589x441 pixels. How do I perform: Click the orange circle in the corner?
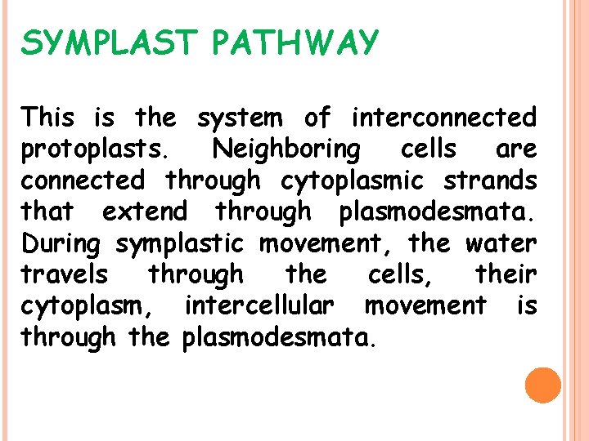pyautogui.click(x=542, y=385)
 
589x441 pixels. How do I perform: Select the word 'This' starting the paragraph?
pyautogui.click(x=48, y=118)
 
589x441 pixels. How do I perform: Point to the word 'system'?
pyautogui.click(x=241, y=118)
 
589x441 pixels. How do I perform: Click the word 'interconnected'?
pyautogui.click(x=443, y=118)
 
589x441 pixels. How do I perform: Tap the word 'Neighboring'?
pyautogui.click(x=285, y=150)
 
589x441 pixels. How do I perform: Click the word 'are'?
pyautogui.click(x=516, y=149)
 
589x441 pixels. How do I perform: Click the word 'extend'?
pyautogui.click(x=144, y=212)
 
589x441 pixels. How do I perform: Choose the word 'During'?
pyautogui.click(x=63, y=243)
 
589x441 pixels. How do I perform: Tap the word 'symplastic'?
pyautogui.click(x=180, y=243)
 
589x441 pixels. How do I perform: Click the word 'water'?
pyautogui.click(x=501, y=243)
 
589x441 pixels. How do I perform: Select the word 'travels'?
pyautogui.click(x=64, y=274)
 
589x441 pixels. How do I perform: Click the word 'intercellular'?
pyautogui.click(x=259, y=305)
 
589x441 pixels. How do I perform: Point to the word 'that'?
pyautogui.click(x=47, y=212)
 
